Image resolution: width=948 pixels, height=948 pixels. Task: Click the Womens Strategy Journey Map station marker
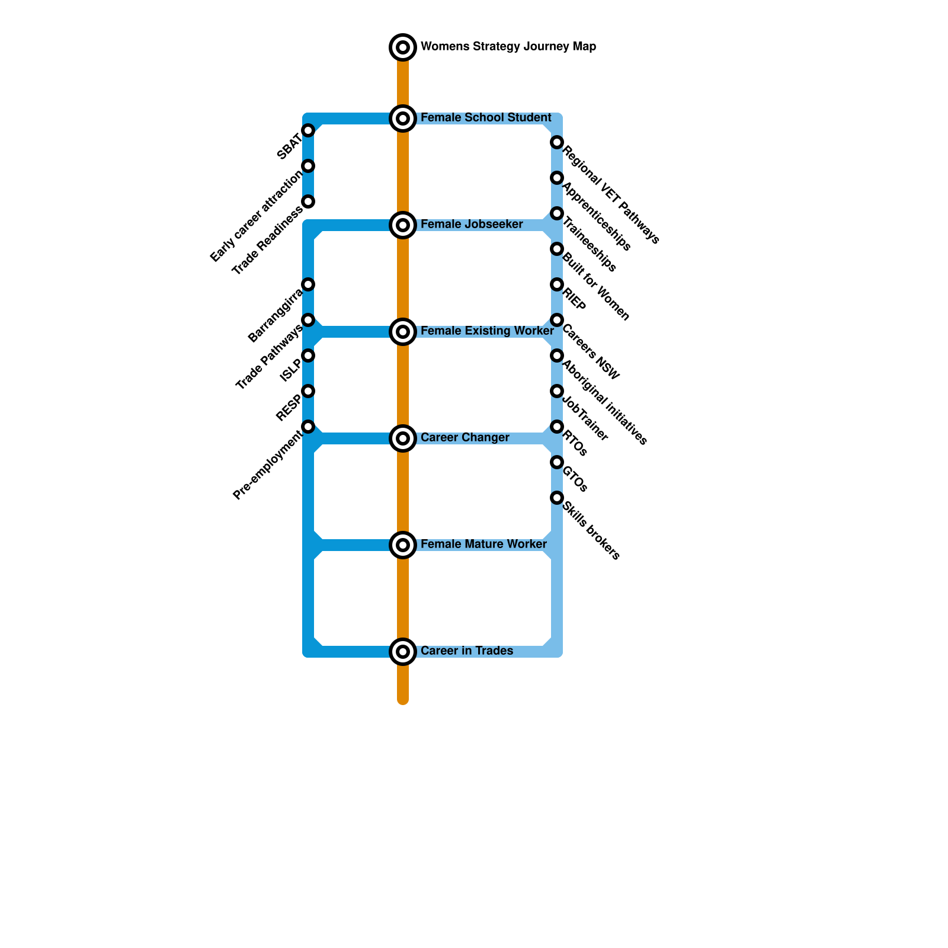403,47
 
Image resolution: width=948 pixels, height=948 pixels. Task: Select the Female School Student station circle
403,118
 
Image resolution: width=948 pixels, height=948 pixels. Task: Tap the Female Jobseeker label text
472,225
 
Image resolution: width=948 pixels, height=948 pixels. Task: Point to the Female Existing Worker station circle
403,332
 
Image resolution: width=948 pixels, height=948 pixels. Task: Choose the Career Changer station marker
403,438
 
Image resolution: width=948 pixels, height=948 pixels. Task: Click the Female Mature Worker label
483,545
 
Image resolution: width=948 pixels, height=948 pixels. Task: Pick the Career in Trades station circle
403,652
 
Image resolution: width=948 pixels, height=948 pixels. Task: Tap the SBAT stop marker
308,130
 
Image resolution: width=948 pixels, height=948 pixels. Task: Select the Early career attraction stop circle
308,166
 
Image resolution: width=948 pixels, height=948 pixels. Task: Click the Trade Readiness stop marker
308,201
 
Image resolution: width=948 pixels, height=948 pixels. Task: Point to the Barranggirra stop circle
308,284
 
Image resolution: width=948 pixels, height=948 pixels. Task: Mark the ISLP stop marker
308,355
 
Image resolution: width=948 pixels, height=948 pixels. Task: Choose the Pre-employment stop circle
308,427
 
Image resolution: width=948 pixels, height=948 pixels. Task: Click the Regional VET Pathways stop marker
557,142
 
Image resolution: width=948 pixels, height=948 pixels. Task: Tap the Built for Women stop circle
557,249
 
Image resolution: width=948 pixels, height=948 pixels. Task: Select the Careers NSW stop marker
557,320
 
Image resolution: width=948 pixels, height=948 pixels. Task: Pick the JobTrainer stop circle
557,391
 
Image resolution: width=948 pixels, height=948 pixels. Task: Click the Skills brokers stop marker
557,498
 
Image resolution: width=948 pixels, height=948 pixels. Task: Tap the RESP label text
289,408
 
